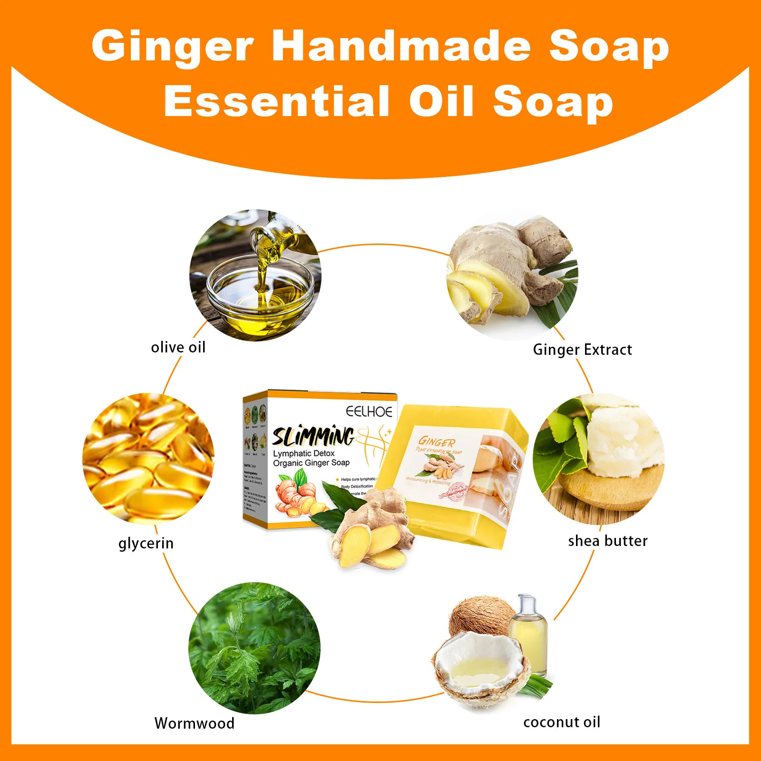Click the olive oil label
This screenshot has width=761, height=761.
click(x=178, y=347)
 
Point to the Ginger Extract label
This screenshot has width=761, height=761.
click(x=582, y=350)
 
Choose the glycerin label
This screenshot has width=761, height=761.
click(x=146, y=543)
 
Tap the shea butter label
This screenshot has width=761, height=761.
click(x=608, y=541)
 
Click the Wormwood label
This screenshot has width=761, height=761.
click(x=195, y=723)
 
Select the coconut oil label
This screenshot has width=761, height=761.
click(x=562, y=722)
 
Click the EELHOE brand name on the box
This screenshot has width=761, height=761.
click(x=369, y=411)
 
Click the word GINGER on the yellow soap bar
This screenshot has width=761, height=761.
click(x=437, y=442)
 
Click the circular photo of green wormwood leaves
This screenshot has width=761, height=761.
click(x=254, y=648)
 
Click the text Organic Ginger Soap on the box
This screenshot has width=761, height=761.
click(x=311, y=463)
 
